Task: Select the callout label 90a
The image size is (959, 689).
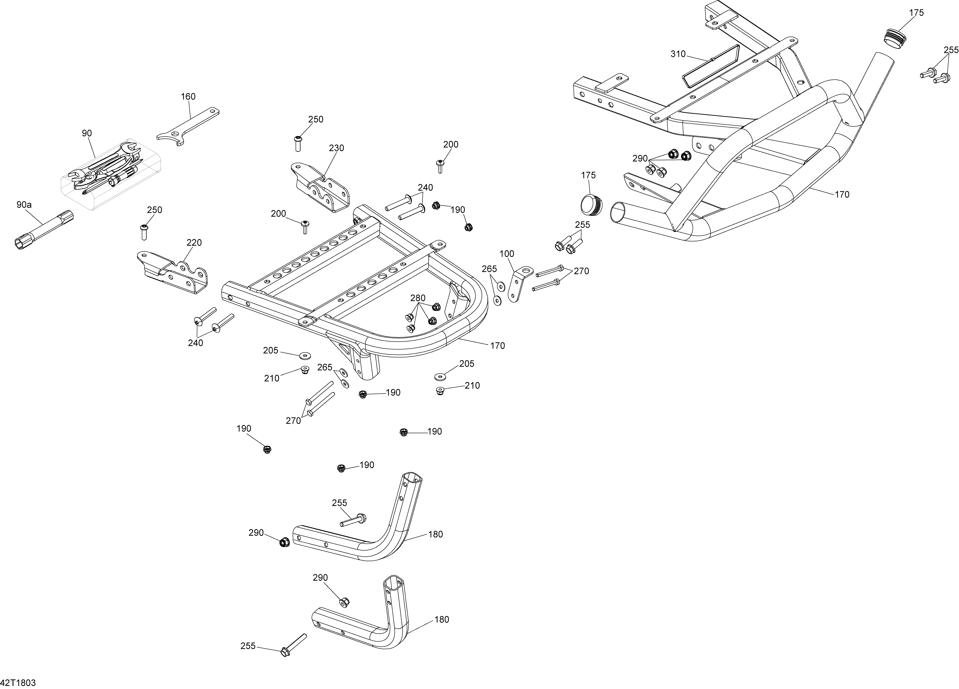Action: (x=24, y=205)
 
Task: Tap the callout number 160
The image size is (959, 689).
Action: (x=188, y=96)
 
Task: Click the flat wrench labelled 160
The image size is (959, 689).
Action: (x=188, y=126)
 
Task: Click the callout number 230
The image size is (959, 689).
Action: (x=337, y=148)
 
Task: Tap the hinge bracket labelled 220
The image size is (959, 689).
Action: (x=173, y=273)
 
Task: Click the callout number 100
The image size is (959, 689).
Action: (x=507, y=254)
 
